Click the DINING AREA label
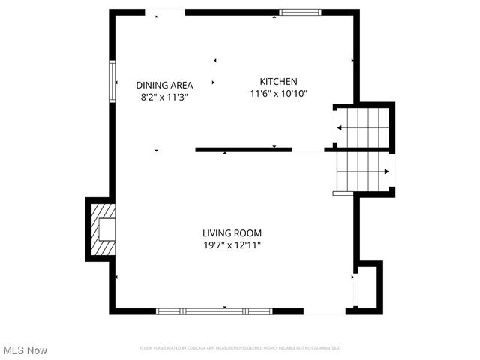pyautogui.click(x=164, y=85)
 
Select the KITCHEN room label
pyautogui.click(x=278, y=82)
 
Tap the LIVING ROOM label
pyautogui.click(x=232, y=233)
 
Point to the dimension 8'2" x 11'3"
pyautogui.click(x=164, y=97)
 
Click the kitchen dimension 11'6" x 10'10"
pyautogui.click(x=278, y=94)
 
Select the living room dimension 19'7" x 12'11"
pyautogui.click(x=232, y=245)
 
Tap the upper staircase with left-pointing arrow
pyautogui.click(x=362, y=128)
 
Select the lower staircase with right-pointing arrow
pyautogui.click(x=362, y=172)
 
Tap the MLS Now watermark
pyautogui.click(x=25, y=350)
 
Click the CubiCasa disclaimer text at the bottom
pyautogui.click(x=240, y=348)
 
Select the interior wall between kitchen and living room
pyautogui.click(x=244, y=150)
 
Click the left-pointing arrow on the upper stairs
pyautogui.click(x=340, y=128)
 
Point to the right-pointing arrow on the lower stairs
pyautogui.click(x=385, y=172)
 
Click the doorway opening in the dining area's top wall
pyautogui.click(x=165, y=12)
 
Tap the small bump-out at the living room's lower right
pyautogui.click(x=367, y=286)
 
